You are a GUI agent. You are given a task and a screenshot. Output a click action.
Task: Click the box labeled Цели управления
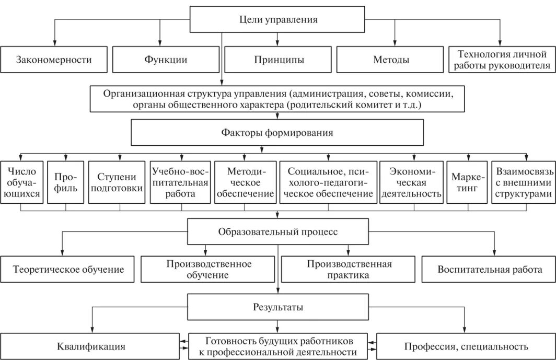pyautogui.click(x=277, y=20)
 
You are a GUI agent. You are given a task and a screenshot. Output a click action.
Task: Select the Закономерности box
pyautogui.click(x=54, y=60)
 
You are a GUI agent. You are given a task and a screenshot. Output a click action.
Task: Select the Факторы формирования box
pyautogui.click(x=277, y=133)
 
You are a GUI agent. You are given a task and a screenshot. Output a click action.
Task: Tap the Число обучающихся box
pyautogui.click(x=21, y=182)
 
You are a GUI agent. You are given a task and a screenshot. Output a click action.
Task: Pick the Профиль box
pyautogui.click(x=66, y=182)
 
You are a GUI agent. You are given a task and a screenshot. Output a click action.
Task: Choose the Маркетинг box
pyautogui.click(x=466, y=182)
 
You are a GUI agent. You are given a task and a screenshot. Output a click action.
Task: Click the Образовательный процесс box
pyautogui.click(x=277, y=231)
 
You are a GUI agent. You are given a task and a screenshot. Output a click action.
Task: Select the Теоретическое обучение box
pyautogui.click(x=68, y=270)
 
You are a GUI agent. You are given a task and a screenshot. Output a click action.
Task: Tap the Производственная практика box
pyautogui.click(x=349, y=270)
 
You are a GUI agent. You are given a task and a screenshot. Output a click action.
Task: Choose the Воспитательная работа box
pyautogui.click(x=489, y=270)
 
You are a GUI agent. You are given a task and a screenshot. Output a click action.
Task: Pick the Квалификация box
pyautogui.click(x=91, y=346)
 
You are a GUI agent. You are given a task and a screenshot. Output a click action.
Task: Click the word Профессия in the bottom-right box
pyautogui.click(x=425, y=346)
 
